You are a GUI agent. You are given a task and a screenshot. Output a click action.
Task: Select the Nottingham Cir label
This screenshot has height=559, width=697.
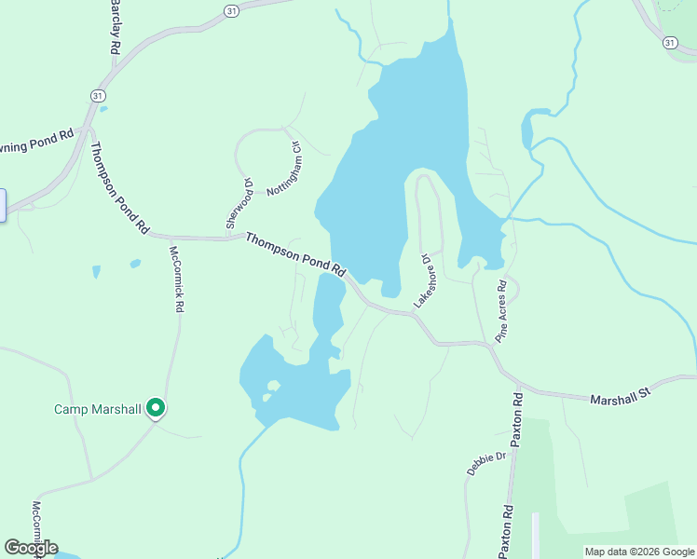coord(284,169)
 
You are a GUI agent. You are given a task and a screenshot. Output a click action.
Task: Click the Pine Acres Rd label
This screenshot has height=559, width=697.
coord(501,312)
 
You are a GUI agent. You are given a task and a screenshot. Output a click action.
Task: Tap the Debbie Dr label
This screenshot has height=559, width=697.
coord(485,463)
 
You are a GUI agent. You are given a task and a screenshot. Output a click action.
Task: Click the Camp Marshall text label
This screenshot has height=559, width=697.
coord(97,409)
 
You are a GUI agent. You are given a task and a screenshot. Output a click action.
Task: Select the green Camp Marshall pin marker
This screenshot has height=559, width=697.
coord(156,408)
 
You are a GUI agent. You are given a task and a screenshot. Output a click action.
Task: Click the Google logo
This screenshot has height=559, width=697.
coord(31,548)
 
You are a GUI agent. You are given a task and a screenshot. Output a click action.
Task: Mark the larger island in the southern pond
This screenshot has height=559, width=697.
coord(273,385)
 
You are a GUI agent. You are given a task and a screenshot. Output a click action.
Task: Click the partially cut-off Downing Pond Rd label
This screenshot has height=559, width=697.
coord(36,143)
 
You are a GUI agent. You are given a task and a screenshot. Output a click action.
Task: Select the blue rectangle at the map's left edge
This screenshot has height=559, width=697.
coord(3,205)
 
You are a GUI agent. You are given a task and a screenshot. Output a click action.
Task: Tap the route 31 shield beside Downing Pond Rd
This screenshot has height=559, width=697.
coord(97,96)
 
